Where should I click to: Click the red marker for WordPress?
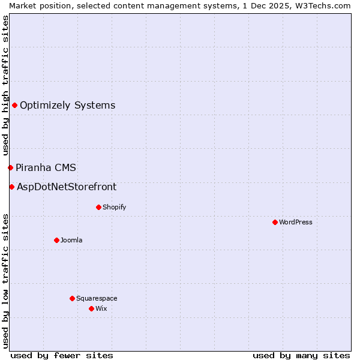275,222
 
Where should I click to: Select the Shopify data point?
98,207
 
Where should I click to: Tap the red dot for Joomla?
56,240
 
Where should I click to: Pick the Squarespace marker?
72,298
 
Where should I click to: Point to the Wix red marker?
91,308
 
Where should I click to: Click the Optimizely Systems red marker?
14,106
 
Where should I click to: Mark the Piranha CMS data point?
10,167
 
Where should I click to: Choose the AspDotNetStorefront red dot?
11,187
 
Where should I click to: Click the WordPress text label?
296,222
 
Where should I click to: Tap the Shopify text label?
114,207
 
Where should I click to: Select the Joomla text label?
71,240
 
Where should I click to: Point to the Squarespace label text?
97,298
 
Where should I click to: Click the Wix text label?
101,308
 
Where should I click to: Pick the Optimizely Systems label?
68,106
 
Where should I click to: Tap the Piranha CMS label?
46,167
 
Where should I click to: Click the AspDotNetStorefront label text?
67,187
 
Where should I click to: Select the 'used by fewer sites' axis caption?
62,355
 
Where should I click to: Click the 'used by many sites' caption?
301,355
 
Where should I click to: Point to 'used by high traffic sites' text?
5,86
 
